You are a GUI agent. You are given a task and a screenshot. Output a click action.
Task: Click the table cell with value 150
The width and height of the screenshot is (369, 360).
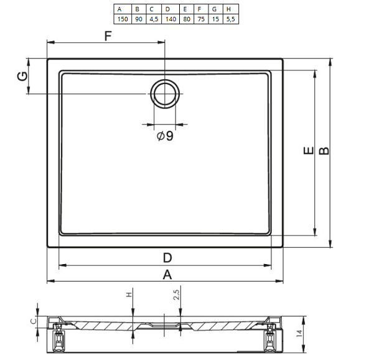[x=123, y=19]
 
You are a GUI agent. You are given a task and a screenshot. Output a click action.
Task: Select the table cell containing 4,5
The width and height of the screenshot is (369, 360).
[x=154, y=19]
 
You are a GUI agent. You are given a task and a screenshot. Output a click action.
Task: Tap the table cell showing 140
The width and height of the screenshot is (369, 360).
[x=170, y=19]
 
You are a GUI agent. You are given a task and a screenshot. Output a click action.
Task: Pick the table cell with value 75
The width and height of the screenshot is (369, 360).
[x=201, y=19]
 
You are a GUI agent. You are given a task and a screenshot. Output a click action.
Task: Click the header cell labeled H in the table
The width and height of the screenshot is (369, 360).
[x=231, y=9]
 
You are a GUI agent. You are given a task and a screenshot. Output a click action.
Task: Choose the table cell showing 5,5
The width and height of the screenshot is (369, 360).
[x=231, y=19]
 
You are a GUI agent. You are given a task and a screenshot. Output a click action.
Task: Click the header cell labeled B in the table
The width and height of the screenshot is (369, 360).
[x=139, y=9]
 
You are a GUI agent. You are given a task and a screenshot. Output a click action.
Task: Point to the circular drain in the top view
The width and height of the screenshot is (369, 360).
[x=165, y=94]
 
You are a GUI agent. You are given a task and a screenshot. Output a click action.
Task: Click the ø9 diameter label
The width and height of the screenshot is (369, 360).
[x=165, y=136]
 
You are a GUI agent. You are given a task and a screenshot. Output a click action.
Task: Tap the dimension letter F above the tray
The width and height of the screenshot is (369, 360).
[x=108, y=36]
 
